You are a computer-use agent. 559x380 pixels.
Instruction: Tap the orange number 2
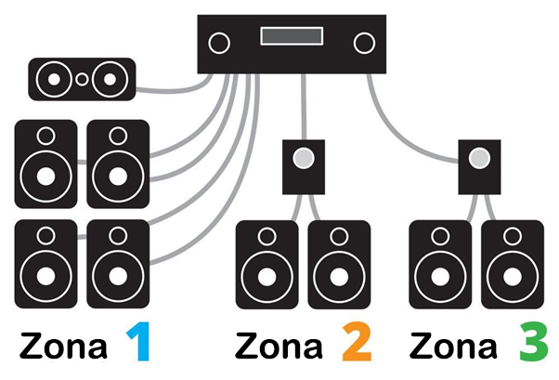(x=356, y=342)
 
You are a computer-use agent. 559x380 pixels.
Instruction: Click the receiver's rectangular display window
(x=292, y=37)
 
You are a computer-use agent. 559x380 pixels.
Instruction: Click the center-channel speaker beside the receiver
(x=82, y=79)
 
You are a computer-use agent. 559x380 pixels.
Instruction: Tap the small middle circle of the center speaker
(x=82, y=79)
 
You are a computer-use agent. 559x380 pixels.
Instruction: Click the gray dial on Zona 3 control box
(x=478, y=158)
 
